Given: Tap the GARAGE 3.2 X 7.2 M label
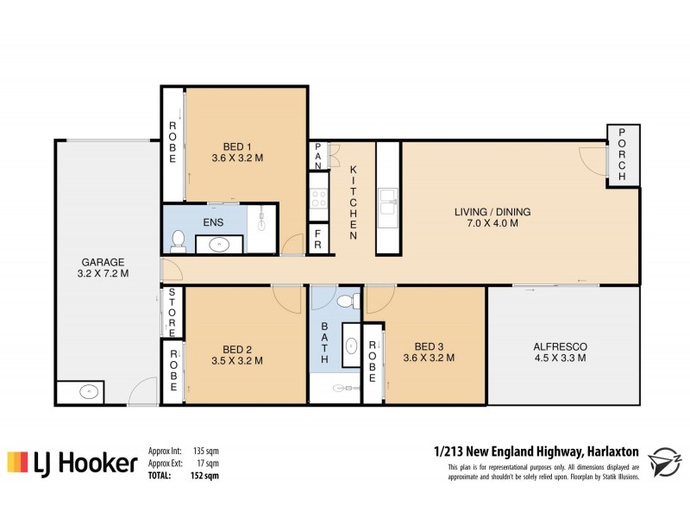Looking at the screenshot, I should (104, 268).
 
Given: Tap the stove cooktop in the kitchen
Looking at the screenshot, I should (318, 199).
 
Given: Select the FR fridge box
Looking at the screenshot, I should (318, 240).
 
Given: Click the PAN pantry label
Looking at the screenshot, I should (318, 155).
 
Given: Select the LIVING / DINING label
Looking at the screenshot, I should (492, 211).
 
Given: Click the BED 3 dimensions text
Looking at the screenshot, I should (429, 358).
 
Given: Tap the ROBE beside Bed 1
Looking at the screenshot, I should (172, 143).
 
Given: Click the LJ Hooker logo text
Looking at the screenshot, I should (87, 464).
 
